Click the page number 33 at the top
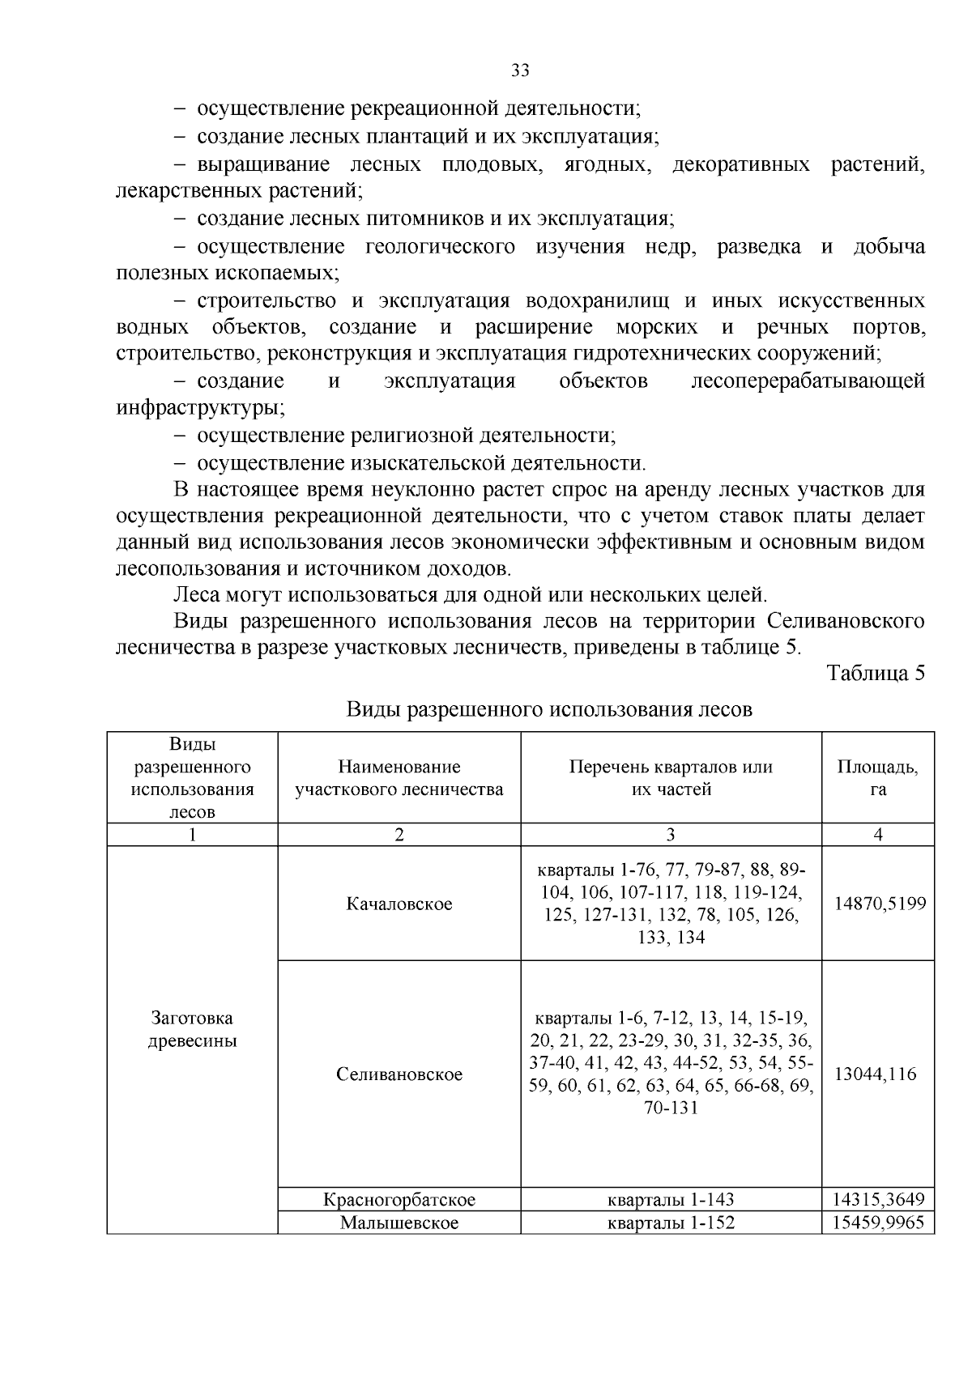(520, 70)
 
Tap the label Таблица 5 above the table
(875, 674)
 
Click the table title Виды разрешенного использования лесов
(549, 710)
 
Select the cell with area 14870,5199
(880, 904)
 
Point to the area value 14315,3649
(880, 1199)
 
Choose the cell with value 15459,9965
(880, 1223)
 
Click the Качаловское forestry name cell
(399, 904)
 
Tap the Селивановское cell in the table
(399, 1074)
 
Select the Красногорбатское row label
(399, 1199)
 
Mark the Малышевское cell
(399, 1223)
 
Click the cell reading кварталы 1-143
(671, 1199)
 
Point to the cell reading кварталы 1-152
(671, 1223)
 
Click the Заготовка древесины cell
(192, 1029)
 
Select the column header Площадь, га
(878, 777)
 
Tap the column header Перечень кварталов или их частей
(671, 777)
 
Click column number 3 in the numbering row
(671, 835)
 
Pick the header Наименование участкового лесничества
(399, 777)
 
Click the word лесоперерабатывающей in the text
(808, 381)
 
